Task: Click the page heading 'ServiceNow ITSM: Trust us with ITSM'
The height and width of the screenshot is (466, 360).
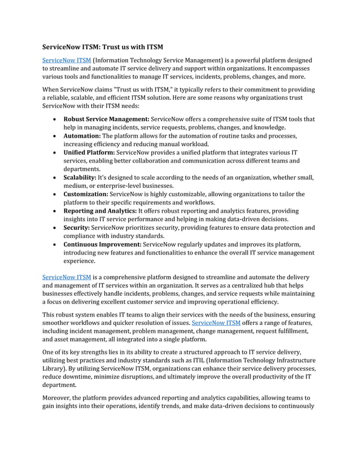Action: point(103,47)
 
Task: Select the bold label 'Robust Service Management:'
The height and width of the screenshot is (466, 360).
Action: point(106,119)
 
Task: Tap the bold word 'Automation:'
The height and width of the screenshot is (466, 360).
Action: point(81,136)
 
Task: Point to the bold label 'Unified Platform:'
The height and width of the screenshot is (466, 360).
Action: point(89,152)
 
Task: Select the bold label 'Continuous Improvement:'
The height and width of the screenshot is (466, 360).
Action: point(102,244)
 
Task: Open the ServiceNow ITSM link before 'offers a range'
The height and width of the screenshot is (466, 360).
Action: point(216,323)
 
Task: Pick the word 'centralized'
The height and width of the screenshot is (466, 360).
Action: point(252,285)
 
